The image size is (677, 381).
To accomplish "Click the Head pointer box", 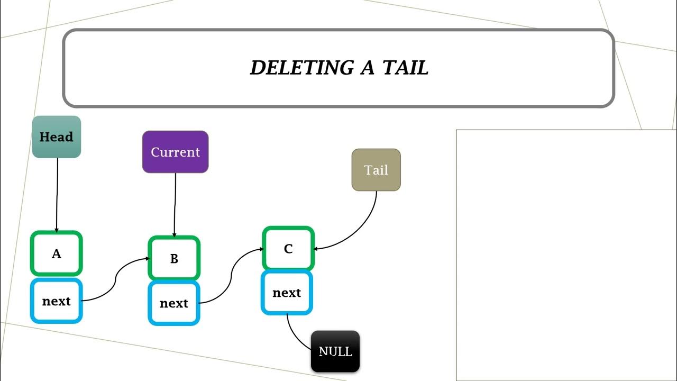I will pyautogui.click(x=56, y=137).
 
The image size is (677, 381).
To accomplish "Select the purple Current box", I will pyautogui.click(x=175, y=152).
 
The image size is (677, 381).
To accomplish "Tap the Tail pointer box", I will pyautogui.click(x=376, y=170).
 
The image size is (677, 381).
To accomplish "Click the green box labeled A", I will pyautogui.click(x=56, y=253).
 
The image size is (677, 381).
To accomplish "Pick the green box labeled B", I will pyautogui.click(x=174, y=258).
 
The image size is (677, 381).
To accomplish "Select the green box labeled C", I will pyautogui.click(x=288, y=249).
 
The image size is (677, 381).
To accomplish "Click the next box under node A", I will pyautogui.click(x=56, y=301).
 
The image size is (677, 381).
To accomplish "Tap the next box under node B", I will pyautogui.click(x=174, y=303).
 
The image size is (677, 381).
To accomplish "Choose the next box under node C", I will pyautogui.click(x=287, y=293).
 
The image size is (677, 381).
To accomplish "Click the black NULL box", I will pyautogui.click(x=335, y=351).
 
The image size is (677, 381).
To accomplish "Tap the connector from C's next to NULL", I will pyautogui.click(x=295, y=337).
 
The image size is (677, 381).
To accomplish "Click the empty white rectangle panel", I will pyautogui.click(x=566, y=254).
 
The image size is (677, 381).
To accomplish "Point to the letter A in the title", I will pyautogui.click(x=367, y=68).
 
